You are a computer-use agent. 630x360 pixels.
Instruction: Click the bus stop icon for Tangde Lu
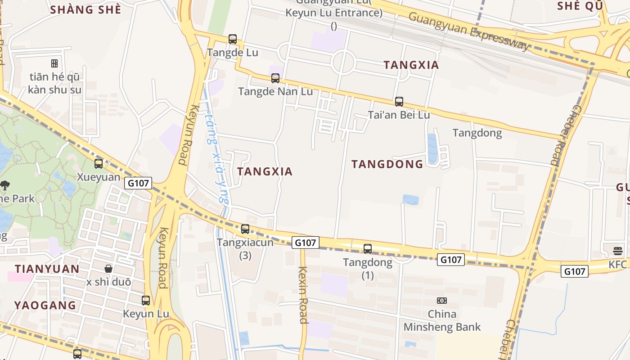click(232, 39)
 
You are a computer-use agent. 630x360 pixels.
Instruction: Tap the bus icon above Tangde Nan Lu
click(275, 78)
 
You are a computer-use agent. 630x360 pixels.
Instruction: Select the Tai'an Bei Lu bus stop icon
click(399, 102)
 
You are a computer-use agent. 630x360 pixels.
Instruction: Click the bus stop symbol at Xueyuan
click(99, 164)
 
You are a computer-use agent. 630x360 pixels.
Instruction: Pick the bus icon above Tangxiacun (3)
click(245, 229)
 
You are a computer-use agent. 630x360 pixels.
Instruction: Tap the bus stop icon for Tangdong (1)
click(368, 249)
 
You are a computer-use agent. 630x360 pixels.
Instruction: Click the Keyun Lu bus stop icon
click(145, 301)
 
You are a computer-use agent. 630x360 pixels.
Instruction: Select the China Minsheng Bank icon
click(442, 301)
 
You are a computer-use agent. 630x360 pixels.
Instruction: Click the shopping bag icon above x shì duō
click(108, 269)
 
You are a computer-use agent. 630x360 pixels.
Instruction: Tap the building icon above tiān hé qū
click(54, 63)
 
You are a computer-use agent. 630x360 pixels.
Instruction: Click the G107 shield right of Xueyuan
click(139, 183)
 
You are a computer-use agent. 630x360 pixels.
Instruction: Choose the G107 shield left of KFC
click(575, 271)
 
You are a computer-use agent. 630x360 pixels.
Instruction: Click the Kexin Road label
click(302, 295)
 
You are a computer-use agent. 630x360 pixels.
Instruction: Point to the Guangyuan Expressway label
click(469, 31)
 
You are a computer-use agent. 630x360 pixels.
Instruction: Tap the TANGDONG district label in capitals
click(387, 164)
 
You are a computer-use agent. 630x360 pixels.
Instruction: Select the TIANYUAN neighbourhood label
click(47, 269)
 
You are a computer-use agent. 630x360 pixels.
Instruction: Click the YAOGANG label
click(45, 305)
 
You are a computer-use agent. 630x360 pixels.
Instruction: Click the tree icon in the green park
click(5, 184)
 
